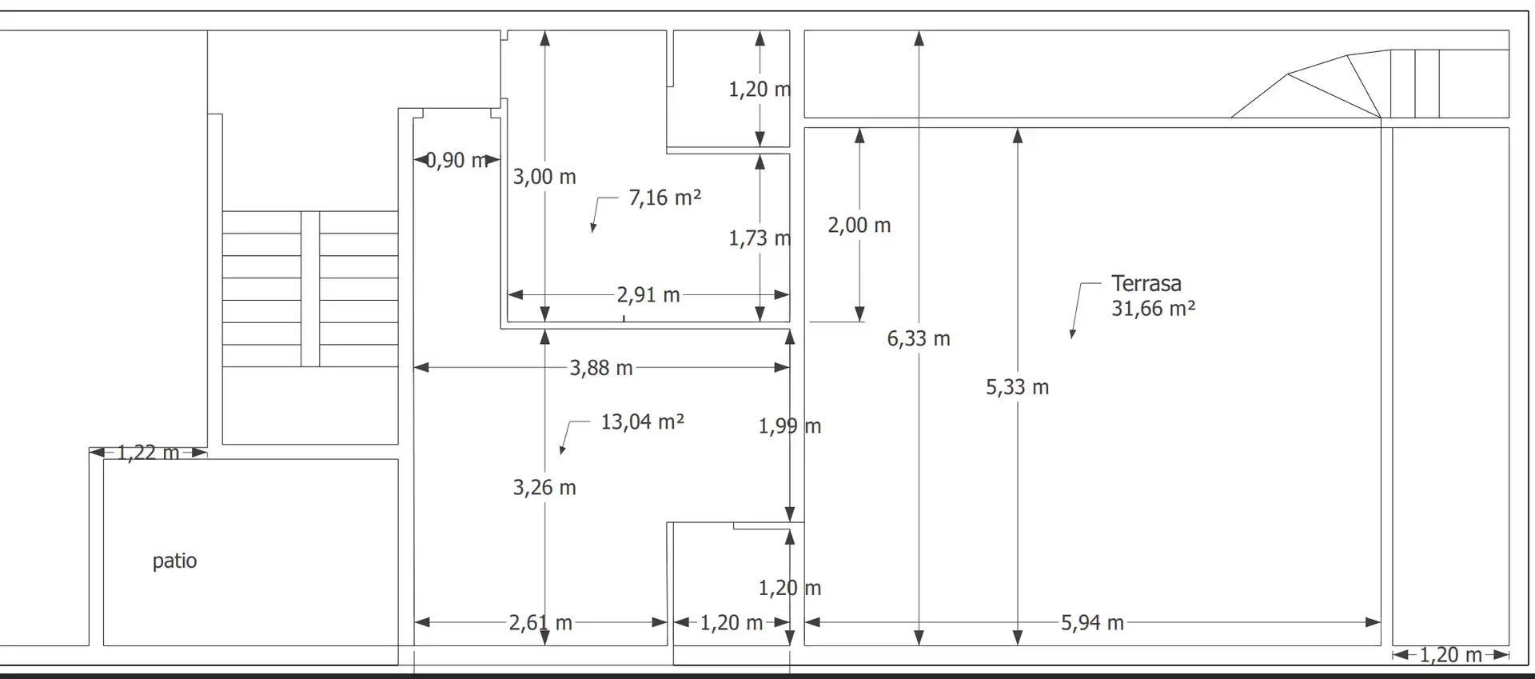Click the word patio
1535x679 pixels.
click(174, 561)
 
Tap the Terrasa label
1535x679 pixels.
click(1146, 283)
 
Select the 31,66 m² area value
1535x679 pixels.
click(1153, 309)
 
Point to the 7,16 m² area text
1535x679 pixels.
click(664, 198)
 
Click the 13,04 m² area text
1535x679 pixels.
click(642, 421)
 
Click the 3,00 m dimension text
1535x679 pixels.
click(544, 177)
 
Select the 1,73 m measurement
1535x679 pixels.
click(760, 238)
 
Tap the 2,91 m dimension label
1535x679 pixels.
click(648, 295)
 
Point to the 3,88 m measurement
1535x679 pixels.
click(601, 368)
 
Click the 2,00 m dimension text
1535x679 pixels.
click(859, 226)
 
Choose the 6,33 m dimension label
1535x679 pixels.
click(919, 339)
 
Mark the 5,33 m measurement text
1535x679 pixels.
click(1017, 388)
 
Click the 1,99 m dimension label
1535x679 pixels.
click(790, 426)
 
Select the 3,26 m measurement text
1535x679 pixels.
click(544, 488)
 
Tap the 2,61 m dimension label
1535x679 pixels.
click(540, 623)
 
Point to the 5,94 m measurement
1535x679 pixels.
click(1092, 623)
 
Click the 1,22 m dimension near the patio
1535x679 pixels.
click(148, 453)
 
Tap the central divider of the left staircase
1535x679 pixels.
click(310, 289)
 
